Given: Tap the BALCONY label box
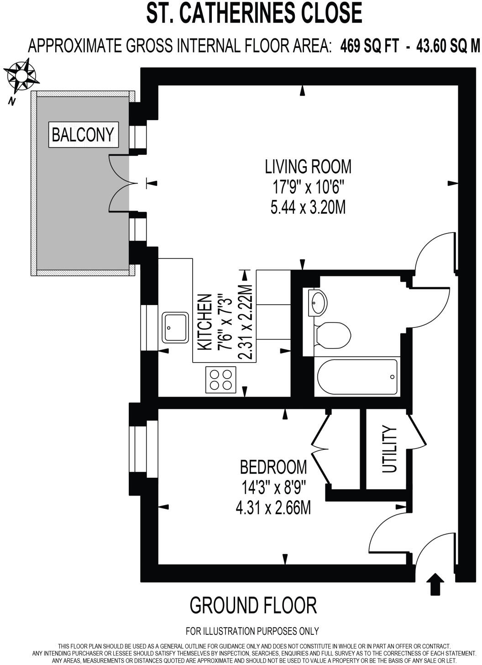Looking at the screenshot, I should click(x=83, y=135).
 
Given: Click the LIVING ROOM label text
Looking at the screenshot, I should click(x=308, y=167).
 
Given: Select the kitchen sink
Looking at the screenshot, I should click(x=175, y=327).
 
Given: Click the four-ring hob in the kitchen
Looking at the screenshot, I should click(x=221, y=379).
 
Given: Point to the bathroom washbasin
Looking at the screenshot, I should click(x=318, y=301).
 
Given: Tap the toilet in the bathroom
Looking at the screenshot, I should click(x=332, y=335).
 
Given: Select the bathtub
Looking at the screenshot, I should click(x=357, y=377).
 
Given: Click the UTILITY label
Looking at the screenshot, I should click(x=389, y=449).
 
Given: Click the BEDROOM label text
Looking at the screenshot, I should click(x=273, y=467).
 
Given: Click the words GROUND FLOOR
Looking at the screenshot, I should click(x=253, y=606).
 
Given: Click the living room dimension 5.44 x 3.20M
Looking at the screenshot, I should click(x=308, y=207).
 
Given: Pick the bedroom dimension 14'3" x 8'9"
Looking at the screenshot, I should click(x=273, y=488).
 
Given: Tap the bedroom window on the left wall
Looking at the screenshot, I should click(x=143, y=449).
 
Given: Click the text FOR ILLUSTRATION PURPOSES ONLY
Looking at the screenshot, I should click(x=252, y=631).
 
